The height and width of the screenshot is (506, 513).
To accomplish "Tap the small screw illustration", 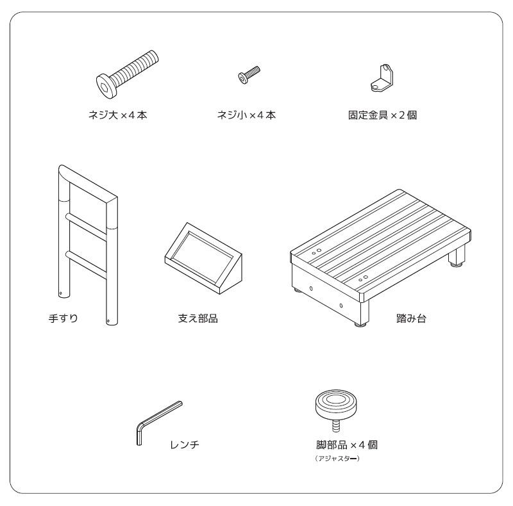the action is coord(249,75).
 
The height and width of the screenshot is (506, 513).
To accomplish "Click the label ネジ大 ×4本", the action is coord(118,115).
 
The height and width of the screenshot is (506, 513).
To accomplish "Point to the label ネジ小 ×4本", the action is coord(246,115).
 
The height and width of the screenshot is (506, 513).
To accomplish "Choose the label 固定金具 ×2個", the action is coord(382,115).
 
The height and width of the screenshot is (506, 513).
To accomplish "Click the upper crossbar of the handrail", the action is coord(87,227).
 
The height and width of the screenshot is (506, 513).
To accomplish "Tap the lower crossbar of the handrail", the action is coord(87,265).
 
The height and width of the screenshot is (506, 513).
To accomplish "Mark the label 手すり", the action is coord(63,318).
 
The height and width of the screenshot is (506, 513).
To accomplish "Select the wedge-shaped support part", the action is coord(203,258).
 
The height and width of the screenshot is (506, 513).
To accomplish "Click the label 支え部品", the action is coord(198,318).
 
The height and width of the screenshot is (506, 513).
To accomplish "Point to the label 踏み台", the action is coord(411,318).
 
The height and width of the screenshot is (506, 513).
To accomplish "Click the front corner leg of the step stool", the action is coord(361,314).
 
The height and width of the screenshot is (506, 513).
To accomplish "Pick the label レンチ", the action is coord(185,445).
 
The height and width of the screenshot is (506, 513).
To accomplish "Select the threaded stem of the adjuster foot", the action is coord(336,426).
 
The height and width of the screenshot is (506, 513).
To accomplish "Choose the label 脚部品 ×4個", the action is coord(347,445).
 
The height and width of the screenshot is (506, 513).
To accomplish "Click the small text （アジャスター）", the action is coord(337,458).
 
